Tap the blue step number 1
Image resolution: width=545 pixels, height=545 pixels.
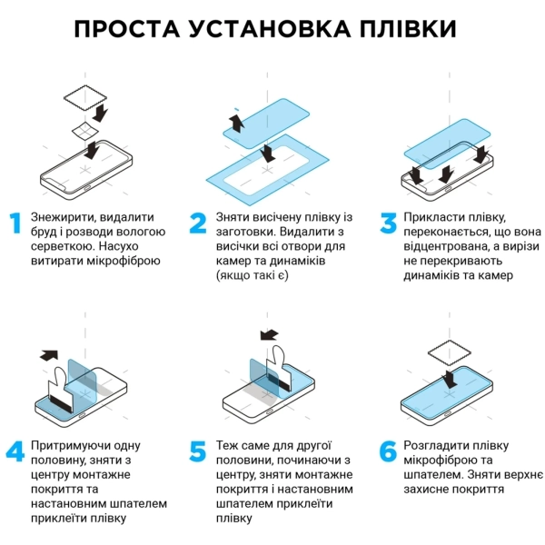click(x=14, y=224)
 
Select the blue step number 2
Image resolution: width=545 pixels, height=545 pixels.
click(x=199, y=224)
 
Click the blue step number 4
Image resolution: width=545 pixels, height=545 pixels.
click(x=15, y=451)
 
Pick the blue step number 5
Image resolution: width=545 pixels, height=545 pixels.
click(x=199, y=451)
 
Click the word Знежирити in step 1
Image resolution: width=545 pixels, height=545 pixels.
click(x=61, y=217)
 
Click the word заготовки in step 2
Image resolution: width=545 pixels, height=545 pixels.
click(x=243, y=232)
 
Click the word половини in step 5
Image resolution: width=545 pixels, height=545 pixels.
click(x=244, y=461)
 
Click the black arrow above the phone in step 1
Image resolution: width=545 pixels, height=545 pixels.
click(x=101, y=112)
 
